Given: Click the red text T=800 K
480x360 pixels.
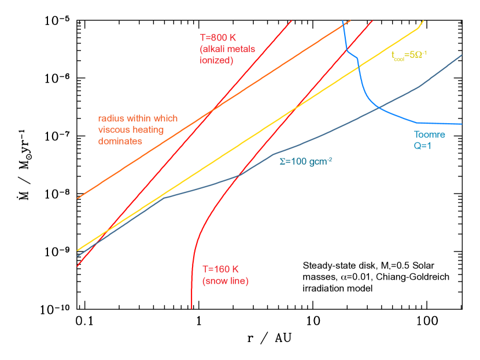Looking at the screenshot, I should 217,38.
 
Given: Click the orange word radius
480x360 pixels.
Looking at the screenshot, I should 110,119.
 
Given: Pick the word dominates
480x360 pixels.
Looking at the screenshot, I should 120,141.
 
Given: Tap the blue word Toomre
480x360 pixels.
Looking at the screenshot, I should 429,135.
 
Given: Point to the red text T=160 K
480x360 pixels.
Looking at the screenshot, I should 220,269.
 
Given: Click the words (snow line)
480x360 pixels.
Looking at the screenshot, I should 225,281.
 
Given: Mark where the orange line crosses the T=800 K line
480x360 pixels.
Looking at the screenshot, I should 213,109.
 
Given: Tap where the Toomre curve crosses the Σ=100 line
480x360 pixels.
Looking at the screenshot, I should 379,107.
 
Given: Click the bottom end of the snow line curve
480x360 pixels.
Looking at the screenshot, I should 191,308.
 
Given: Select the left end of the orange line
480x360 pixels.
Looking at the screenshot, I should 77,198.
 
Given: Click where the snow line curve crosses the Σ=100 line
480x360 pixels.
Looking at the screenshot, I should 239,175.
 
